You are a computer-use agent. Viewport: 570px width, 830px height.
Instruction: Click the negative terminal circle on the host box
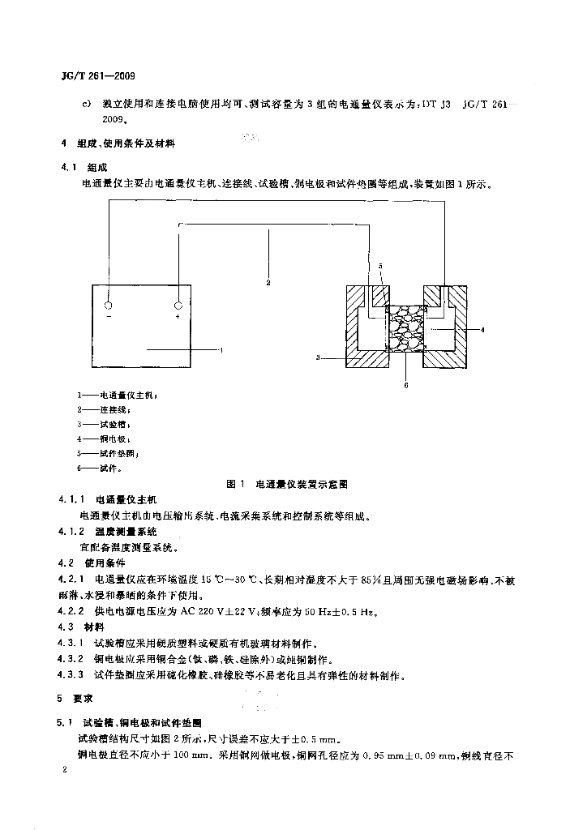coord(109,306)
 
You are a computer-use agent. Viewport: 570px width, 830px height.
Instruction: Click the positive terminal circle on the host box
coord(178,306)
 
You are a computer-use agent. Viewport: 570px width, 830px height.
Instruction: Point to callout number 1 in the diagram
coord(221,349)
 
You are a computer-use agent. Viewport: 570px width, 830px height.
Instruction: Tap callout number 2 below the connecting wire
coord(268,283)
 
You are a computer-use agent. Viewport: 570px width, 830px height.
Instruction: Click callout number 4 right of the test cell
coord(482,330)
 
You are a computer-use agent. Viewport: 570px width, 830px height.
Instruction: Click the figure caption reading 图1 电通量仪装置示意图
coord(289,484)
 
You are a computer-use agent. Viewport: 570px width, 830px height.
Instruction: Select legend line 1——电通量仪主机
coord(117,396)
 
